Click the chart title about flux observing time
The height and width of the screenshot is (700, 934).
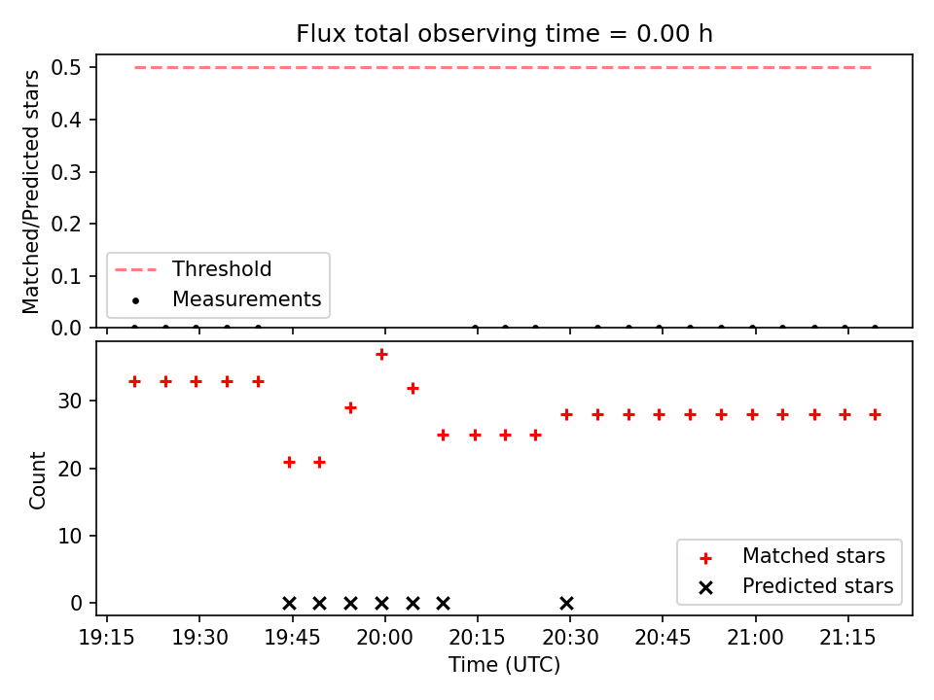click(x=504, y=33)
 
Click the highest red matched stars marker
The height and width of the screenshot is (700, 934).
click(x=381, y=355)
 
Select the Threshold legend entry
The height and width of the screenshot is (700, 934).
click(x=193, y=269)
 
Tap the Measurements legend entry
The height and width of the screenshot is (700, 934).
click(x=227, y=298)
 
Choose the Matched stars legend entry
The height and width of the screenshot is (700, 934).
click(x=792, y=556)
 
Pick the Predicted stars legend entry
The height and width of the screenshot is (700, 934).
click(x=796, y=586)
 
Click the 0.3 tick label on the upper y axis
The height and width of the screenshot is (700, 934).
click(x=65, y=172)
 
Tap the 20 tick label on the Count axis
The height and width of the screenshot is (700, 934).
click(x=69, y=469)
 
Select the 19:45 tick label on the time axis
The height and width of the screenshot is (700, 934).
click(x=292, y=638)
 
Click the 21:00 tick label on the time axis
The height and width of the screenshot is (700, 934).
click(x=755, y=638)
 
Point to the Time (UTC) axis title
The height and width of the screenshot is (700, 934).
click(x=504, y=665)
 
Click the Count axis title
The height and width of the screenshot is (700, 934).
click(x=37, y=479)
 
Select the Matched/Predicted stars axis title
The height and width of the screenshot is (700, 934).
click(x=30, y=192)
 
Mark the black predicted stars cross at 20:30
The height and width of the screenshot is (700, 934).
click(x=567, y=604)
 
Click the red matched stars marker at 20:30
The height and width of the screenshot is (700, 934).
click(x=567, y=415)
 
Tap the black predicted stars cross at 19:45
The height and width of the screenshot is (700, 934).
click(x=289, y=604)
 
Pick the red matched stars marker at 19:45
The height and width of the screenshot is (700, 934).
click(x=289, y=463)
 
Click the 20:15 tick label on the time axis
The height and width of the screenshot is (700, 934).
click(x=477, y=638)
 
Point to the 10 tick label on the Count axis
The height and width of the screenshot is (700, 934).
click(x=69, y=536)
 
